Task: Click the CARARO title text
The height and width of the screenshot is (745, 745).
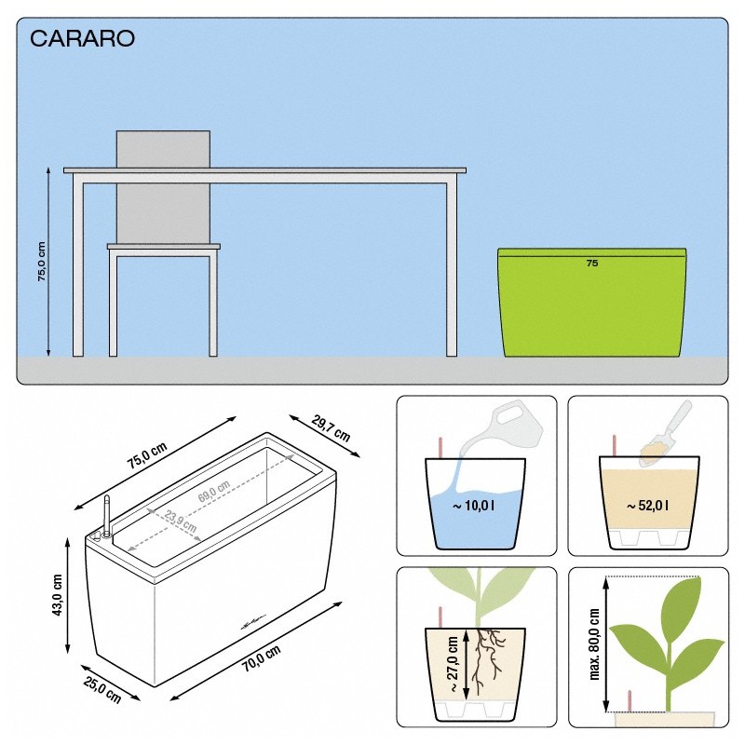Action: tap(83, 38)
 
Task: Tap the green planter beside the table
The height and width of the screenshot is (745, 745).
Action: tap(594, 307)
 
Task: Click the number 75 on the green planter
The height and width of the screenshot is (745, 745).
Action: tap(591, 264)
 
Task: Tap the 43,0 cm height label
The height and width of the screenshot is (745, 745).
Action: tap(58, 594)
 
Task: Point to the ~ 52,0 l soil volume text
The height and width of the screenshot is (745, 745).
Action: tap(648, 506)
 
